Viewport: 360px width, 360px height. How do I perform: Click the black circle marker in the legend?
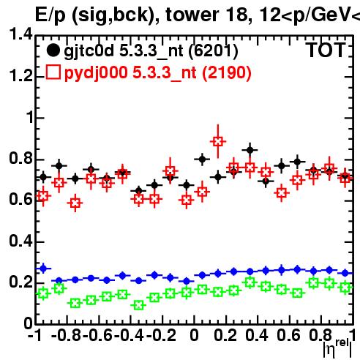pos(53,50)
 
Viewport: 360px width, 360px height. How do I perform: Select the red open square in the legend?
pos(53,72)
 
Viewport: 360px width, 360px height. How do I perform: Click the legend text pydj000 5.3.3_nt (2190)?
pos(158,73)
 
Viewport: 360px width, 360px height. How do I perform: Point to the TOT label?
pos(326,50)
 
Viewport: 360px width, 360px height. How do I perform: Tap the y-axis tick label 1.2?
pos(20,75)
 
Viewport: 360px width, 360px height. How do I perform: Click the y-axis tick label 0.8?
pos(20,158)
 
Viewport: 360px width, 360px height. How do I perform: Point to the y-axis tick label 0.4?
pos(20,241)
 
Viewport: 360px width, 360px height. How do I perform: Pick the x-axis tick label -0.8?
pos(67,335)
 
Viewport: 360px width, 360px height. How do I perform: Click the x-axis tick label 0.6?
pos(288,335)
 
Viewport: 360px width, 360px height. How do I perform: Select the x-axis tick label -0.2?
pos(161,335)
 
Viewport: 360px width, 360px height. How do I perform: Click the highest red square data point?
pos(218,141)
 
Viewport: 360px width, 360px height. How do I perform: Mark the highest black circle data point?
pos(250,150)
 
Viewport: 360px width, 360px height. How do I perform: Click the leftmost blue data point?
pos(43,269)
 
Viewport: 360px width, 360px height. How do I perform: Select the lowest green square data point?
pos(139,305)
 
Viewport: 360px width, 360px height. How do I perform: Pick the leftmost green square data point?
pos(43,293)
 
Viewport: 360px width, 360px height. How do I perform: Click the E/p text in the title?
pos(50,15)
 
